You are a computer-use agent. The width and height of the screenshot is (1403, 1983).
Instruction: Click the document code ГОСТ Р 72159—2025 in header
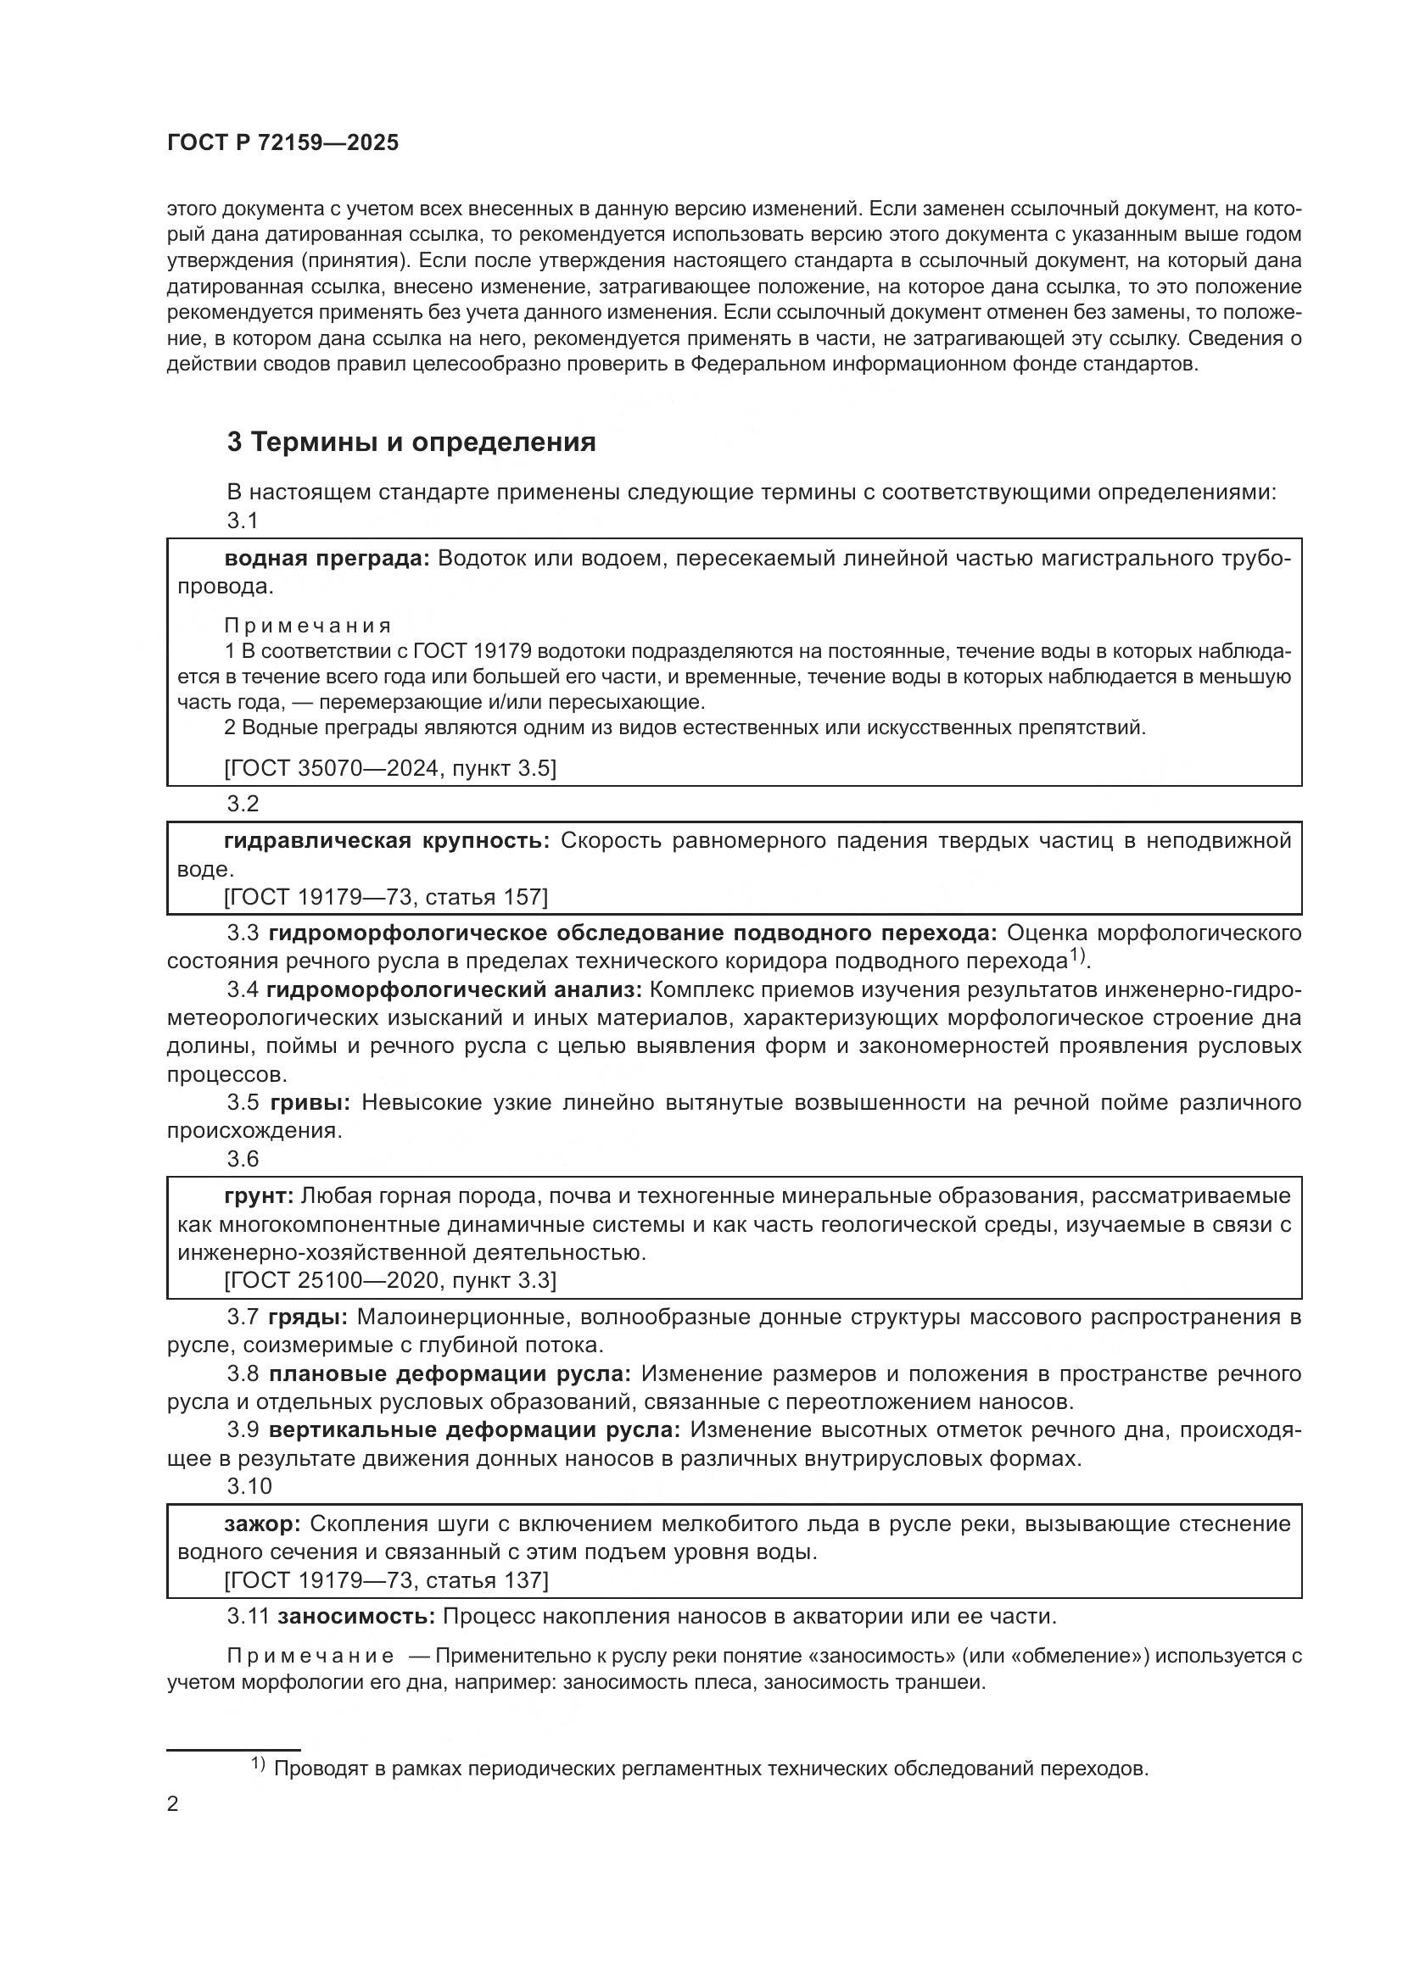(x=282, y=143)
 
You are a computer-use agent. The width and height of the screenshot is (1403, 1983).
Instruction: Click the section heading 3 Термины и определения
(x=411, y=443)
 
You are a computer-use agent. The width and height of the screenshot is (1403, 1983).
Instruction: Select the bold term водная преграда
(x=327, y=558)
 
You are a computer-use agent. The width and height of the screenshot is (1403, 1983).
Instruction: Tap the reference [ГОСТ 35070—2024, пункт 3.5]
(x=389, y=768)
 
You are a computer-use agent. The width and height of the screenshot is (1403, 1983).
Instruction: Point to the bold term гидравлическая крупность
(x=386, y=840)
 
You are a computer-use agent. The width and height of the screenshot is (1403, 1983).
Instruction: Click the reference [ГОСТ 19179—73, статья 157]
(x=385, y=896)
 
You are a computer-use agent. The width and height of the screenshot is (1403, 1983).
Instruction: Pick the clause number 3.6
(x=243, y=1159)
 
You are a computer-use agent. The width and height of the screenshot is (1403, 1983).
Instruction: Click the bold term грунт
(x=260, y=1196)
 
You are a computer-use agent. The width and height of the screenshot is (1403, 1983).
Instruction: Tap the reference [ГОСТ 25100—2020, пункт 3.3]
(x=389, y=1280)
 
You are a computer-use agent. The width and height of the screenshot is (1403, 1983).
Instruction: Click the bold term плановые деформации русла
(x=450, y=1374)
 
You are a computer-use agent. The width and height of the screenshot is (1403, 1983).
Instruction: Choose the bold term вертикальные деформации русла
(x=473, y=1430)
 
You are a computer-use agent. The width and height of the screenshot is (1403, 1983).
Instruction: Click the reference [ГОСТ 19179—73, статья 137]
(x=385, y=1580)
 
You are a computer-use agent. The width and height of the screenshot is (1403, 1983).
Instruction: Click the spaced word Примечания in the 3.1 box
(x=308, y=626)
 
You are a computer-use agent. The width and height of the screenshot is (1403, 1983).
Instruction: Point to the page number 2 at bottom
(x=173, y=1805)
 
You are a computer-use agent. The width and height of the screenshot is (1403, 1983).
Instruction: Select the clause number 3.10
(x=249, y=1486)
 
